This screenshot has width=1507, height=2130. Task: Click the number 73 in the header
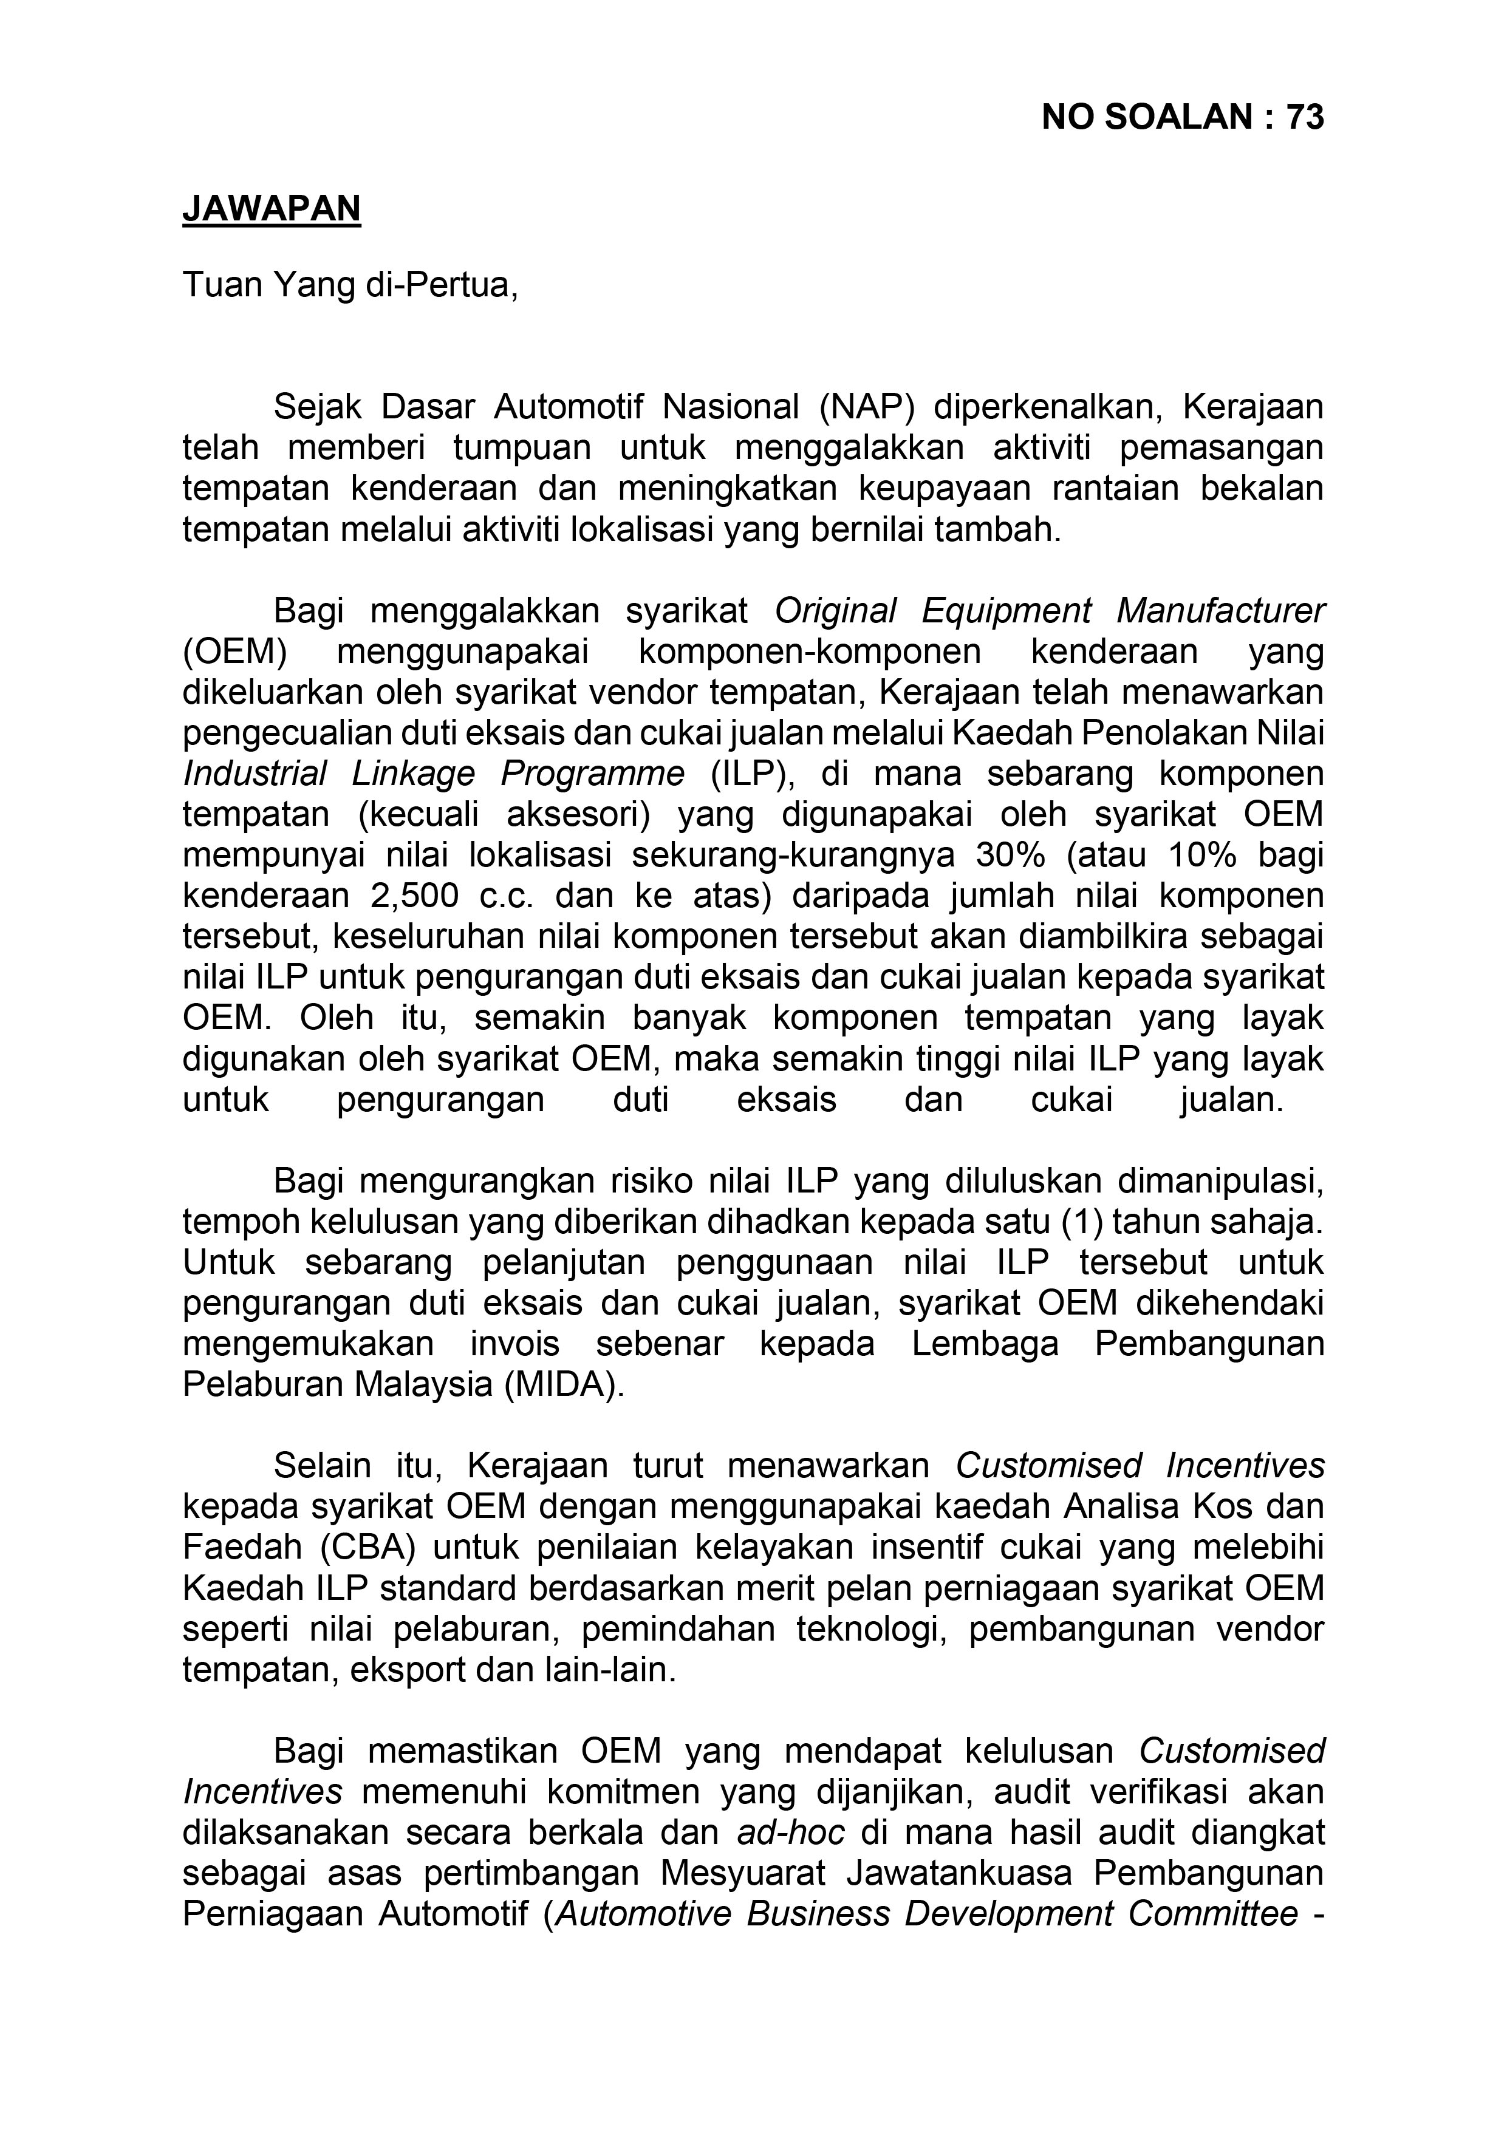click(x=1305, y=118)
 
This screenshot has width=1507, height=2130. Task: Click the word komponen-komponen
click(x=809, y=652)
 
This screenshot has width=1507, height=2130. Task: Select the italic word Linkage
click(x=413, y=774)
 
